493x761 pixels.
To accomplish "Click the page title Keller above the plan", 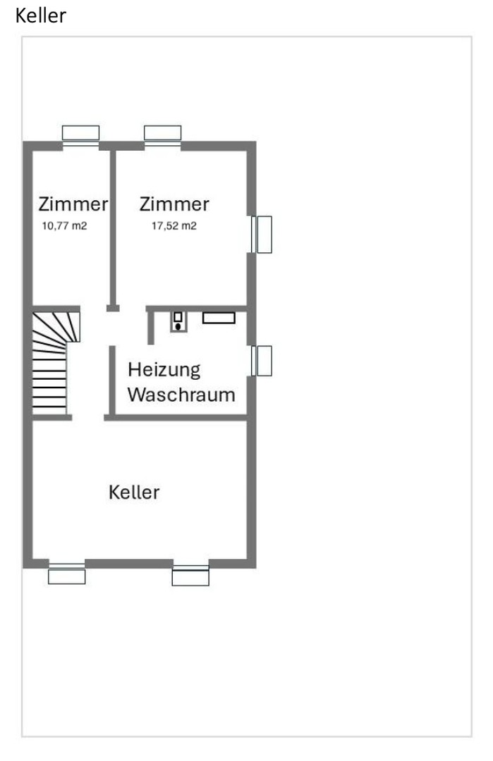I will click(x=41, y=16).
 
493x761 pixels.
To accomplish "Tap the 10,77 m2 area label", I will click(x=64, y=226).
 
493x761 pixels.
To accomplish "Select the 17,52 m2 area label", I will click(x=174, y=226).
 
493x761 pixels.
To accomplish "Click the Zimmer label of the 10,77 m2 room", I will click(x=73, y=204).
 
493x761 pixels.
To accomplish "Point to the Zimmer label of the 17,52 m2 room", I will click(x=174, y=204).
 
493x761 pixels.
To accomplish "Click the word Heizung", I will click(x=164, y=369).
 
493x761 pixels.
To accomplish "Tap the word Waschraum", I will click(x=181, y=394).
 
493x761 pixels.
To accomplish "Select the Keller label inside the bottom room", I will click(x=134, y=492).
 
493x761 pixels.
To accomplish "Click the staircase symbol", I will click(x=53, y=363).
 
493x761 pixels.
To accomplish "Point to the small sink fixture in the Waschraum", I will click(x=178, y=321).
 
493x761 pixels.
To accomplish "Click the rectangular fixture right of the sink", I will click(x=219, y=318).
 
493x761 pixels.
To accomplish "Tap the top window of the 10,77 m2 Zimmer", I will click(x=80, y=134).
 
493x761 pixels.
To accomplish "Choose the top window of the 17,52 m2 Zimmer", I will click(x=163, y=134).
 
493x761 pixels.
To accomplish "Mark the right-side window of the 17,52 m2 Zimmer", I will click(x=263, y=234).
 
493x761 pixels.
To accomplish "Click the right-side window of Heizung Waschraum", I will click(x=263, y=361).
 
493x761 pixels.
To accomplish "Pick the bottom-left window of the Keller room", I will click(x=67, y=574).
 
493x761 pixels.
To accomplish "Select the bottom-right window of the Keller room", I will click(x=190, y=576).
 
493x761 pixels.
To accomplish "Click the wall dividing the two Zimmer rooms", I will click(x=111, y=225).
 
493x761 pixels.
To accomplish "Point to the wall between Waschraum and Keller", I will click(x=176, y=418).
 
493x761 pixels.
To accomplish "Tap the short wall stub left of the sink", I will click(x=151, y=326).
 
